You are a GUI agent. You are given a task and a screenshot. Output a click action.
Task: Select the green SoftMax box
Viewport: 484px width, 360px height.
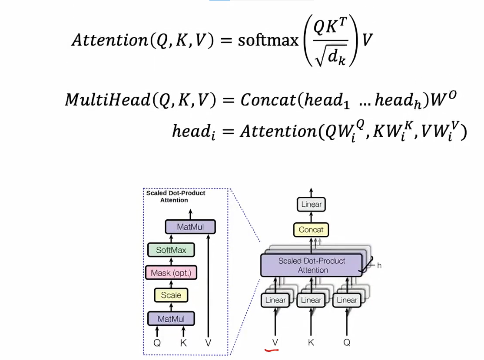(171, 250)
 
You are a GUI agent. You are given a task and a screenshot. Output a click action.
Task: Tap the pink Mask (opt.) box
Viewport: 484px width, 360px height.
(171, 273)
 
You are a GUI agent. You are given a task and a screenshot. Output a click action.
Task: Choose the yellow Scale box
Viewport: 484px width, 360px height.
(171, 295)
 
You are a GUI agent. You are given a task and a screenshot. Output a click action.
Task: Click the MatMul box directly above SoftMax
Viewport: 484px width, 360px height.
(190, 227)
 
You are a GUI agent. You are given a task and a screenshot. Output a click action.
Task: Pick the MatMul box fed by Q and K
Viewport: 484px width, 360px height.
(171, 319)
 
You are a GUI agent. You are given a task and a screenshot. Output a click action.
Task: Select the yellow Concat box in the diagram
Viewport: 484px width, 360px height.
(311, 230)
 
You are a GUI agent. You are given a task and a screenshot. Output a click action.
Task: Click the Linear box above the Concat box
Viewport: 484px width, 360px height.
(311, 204)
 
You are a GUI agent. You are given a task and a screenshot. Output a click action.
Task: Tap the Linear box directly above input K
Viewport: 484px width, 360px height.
(311, 300)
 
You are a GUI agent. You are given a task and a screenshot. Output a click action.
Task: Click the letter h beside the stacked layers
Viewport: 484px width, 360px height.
(379, 265)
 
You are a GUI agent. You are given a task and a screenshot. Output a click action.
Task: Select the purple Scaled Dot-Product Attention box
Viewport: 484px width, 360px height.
(311, 265)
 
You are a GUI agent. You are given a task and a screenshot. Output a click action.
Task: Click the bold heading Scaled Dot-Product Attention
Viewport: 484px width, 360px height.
(176, 196)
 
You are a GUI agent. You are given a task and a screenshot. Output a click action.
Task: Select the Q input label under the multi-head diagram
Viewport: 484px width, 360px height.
(347, 342)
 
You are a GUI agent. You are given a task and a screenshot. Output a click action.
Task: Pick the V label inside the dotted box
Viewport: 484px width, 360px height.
(208, 343)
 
